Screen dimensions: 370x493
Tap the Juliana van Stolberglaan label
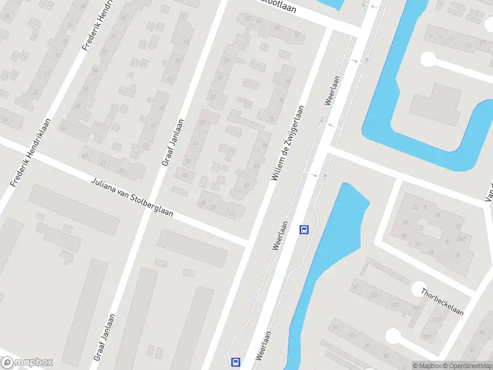click(x=132, y=197)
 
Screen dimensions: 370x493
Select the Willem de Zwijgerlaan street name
click(x=288, y=143)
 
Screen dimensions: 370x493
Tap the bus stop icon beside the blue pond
click(x=304, y=229)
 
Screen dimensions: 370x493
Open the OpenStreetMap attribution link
click(x=469, y=366)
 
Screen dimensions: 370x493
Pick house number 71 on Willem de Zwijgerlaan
click(x=265, y=146)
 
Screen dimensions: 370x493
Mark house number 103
click(x=374, y=295)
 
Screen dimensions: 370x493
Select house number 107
click(x=394, y=305)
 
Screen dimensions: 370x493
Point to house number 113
click(x=438, y=319)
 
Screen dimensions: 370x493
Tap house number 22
click(x=415, y=207)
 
